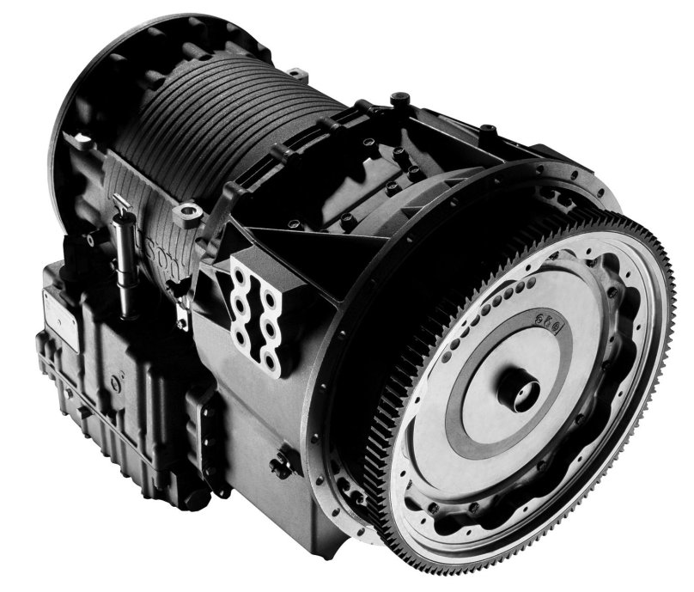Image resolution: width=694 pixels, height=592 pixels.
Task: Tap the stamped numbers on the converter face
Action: point(539,327)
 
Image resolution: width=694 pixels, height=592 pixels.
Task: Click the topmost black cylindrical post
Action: point(399,101)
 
